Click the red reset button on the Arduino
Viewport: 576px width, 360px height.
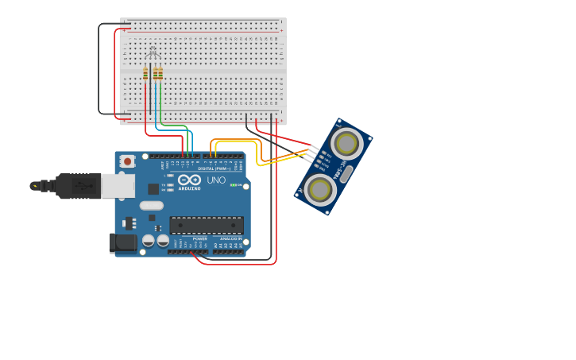127,161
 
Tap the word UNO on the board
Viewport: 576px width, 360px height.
216,180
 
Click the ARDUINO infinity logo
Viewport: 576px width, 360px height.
190,180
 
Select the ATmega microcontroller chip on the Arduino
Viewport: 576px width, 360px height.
207,225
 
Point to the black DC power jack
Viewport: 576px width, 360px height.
122,242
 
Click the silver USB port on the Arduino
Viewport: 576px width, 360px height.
118,186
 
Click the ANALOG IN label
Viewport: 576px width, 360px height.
231,238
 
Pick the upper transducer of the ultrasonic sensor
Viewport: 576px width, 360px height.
346,144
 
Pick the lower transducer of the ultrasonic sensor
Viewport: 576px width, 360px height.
319,190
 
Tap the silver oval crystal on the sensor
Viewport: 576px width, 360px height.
345,174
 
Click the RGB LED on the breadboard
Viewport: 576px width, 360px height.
152,54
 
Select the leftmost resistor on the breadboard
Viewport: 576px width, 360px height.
145,73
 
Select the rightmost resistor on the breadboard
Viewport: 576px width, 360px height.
160,73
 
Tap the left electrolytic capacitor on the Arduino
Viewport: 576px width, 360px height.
149,240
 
